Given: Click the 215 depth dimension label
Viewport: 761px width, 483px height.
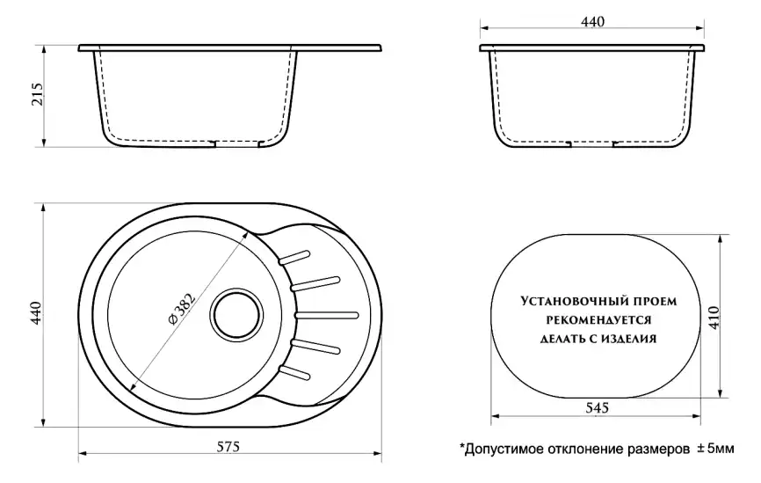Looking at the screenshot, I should tap(36, 98).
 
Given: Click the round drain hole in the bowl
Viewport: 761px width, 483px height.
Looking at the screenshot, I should tap(236, 311).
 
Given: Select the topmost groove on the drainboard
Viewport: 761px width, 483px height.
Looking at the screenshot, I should tap(295, 257).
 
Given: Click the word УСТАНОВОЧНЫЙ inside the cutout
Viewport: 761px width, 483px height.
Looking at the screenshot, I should tap(568, 301).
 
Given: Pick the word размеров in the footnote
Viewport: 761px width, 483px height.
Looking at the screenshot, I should tap(655, 449).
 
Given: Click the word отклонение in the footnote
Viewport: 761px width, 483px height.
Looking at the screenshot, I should tap(581, 449).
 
